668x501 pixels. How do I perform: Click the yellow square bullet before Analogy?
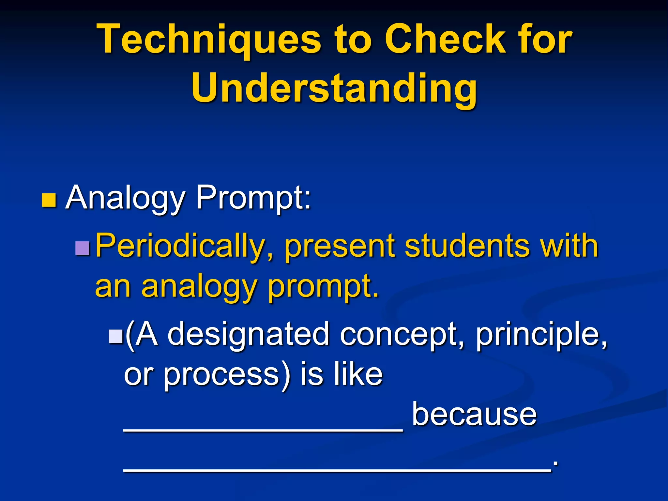[x=49, y=200]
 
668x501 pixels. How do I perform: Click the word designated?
[x=248, y=334]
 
